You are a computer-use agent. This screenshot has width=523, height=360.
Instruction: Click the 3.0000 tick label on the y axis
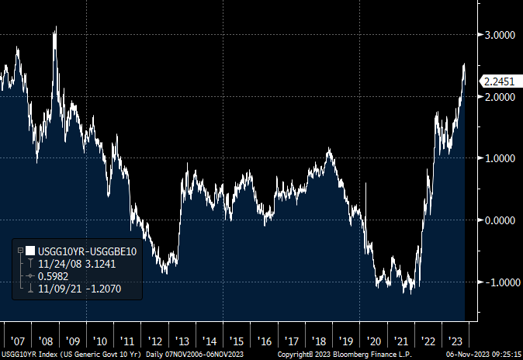click(x=500, y=35)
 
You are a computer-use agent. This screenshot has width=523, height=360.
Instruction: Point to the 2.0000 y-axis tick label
click(x=500, y=97)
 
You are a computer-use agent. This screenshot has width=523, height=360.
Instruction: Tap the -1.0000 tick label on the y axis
click(x=502, y=282)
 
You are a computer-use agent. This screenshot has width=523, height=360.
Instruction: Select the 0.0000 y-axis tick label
click(x=500, y=220)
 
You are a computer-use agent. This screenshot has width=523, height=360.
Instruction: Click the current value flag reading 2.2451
click(x=499, y=81)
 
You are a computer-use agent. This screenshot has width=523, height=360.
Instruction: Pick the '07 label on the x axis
click(x=18, y=341)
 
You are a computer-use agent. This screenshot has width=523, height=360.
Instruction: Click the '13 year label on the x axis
click(x=182, y=341)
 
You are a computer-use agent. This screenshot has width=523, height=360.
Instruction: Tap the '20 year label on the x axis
click(x=373, y=341)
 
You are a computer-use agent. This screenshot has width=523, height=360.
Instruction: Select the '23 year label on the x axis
click(x=455, y=341)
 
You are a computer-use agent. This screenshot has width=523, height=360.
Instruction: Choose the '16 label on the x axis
click(x=264, y=341)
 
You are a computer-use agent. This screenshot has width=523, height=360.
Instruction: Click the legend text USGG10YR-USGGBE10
click(x=88, y=251)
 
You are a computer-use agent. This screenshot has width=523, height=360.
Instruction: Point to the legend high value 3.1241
click(x=100, y=264)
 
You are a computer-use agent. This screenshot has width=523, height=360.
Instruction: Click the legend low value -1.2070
click(x=103, y=289)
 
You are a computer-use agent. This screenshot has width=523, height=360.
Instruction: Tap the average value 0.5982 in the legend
click(x=53, y=276)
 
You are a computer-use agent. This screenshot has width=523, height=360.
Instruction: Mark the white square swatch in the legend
click(x=30, y=251)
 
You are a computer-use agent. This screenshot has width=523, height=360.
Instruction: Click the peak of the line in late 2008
click(x=56, y=26)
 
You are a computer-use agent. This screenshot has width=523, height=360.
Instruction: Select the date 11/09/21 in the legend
click(x=60, y=289)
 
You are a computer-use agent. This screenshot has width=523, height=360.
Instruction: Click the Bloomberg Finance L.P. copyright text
click(x=345, y=354)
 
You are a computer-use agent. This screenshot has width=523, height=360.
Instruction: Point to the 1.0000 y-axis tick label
click(x=500, y=158)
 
